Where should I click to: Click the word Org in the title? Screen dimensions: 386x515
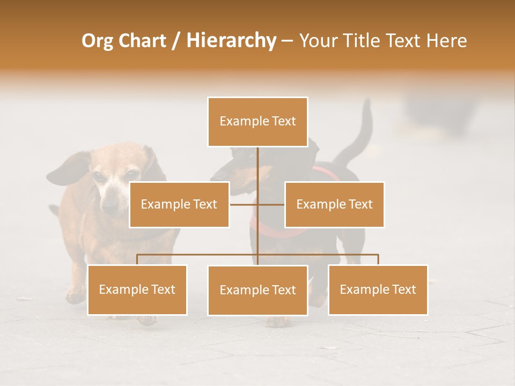[98, 41]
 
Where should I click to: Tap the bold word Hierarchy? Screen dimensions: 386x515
[231, 41]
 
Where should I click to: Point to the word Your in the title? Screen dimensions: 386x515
[317, 41]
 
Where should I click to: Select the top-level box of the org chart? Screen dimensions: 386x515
[257, 122]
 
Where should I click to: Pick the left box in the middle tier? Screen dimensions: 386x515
[179, 204]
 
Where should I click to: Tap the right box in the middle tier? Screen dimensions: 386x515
[334, 204]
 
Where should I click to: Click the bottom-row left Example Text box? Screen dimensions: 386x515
[137, 289]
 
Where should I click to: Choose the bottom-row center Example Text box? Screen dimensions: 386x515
[257, 290]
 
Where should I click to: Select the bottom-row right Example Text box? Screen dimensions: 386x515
[378, 289]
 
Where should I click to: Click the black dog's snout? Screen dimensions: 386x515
[220, 175]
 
